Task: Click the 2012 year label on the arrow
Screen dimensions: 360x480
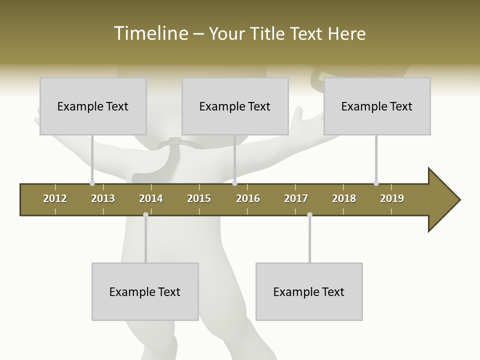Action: point(55,198)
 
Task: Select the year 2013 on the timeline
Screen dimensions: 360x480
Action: point(103,198)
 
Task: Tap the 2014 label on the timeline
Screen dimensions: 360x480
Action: point(151,198)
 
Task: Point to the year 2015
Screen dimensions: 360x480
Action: point(199,198)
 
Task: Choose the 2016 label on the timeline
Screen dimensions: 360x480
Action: point(248,198)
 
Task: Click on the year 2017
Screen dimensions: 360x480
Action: point(296,198)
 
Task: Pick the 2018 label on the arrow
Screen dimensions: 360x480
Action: point(344,198)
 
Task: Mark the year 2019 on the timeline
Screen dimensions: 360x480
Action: point(392,198)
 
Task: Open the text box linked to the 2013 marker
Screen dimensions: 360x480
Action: point(93,106)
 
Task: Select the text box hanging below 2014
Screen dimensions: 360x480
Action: point(145,291)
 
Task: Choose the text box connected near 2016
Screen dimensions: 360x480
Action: point(235,106)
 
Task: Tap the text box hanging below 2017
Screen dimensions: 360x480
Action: point(309,291)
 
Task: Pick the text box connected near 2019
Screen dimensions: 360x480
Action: point(377,106)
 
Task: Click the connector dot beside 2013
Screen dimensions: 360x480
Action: point(92,183)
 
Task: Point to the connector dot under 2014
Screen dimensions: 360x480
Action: point(145,214)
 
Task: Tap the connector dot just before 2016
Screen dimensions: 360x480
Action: point(234,183)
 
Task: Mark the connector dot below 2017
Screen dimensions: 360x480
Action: point(309,214)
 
